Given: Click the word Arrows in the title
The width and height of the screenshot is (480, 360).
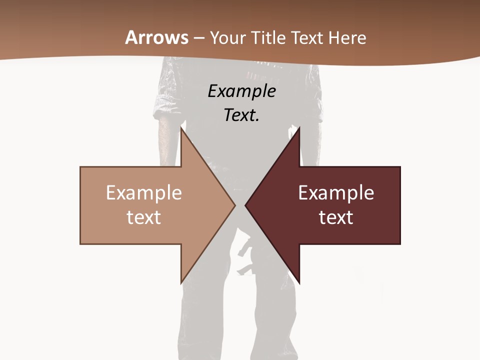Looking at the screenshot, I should click(x=157, y=37).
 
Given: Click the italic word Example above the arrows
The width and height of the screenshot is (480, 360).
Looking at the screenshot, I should click(x=241, y=91).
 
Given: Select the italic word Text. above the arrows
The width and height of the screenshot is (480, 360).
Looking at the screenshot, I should click(x=241, y=115).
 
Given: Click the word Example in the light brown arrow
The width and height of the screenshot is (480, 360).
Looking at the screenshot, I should click(x=144, y=193).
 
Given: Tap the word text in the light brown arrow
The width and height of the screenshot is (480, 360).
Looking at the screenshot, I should click(x=144, y=217).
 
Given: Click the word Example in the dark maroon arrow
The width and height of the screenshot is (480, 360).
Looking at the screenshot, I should click(x=336, y=193).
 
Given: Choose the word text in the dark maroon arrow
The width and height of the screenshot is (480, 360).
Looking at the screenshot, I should click(x=336, y=217).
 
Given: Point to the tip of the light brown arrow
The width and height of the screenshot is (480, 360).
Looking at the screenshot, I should click(x=234, y=205).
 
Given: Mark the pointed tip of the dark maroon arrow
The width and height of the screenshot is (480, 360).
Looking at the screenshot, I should click(x=246, y=205).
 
